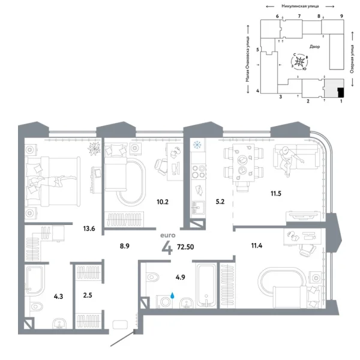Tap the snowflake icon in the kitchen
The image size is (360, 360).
click(196, 145)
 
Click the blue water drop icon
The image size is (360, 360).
click(173, 295)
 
